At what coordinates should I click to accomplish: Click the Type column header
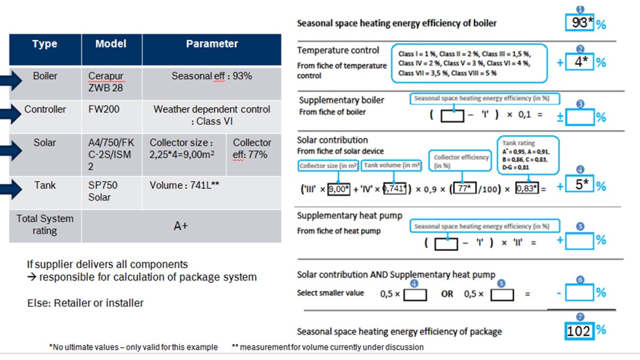point(45,44)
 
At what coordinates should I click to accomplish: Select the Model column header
point(110,44)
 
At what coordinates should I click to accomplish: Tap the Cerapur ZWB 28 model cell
point(106,82)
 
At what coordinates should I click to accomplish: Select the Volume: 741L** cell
point(185,186)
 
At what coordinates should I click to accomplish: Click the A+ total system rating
point(181,226)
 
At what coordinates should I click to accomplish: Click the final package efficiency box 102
point(579,331)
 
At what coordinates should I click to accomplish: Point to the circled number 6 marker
point(581,279)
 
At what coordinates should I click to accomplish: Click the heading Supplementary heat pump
point(350,216)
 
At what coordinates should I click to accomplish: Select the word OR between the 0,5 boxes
point(447,294)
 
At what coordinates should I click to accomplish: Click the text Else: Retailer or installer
point(85,303)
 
